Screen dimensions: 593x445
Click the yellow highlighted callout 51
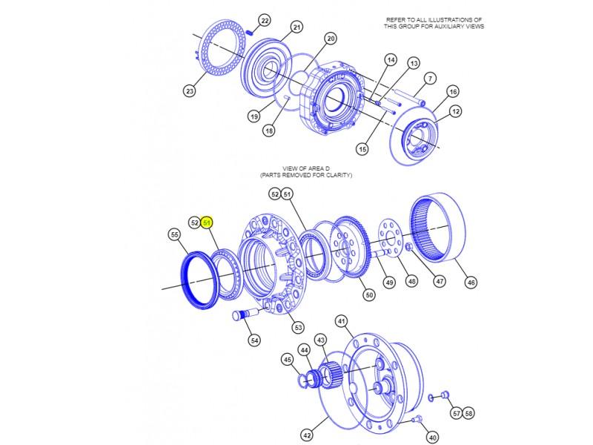click(207, 223)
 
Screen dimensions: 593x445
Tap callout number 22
click(265, 21)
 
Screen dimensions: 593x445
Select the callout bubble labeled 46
click(471, 283)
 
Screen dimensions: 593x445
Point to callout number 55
click(174, 235)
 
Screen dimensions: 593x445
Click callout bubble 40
click(433, 438)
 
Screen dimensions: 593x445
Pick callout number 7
click(430, 79)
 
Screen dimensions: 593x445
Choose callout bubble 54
click(255, 340)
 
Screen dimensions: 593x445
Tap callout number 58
click(468, 413)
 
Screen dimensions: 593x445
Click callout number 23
click(190, 90)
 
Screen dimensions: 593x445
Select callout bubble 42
click(307, 435)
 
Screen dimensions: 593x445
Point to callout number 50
click(369, 295)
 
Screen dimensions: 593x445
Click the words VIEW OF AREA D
click(306, 168)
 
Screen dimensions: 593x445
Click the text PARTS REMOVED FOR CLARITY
click(306, 175)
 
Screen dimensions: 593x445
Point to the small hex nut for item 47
click(409, 247)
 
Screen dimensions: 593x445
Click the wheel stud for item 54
click(245, 314)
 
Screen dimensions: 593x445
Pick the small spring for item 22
click(249, 32)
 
